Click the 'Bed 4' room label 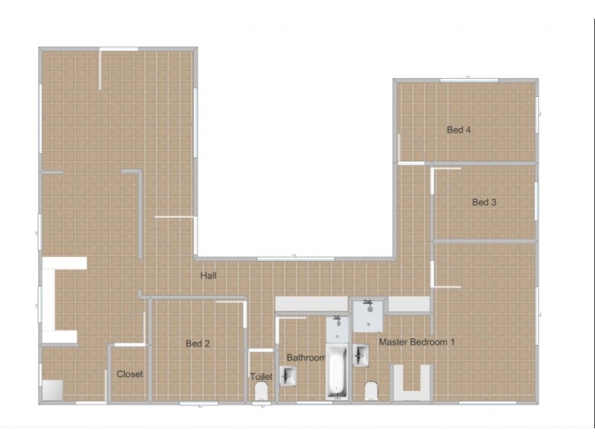pyautogui.click(x=459, y=130)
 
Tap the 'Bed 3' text pyautogui.click(x=484, y=202)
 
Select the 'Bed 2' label pyautogui.click(x=198, y=343)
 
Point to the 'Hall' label pyautogui.click(x=208, y=276)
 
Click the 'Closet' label pyautogui.click(x=129, y=374)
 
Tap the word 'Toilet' pyautogui.click(x=261, y=376)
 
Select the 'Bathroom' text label pyautogui.click(x=306, y=358)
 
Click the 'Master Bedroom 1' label pyautogui.click(x=416, y=342)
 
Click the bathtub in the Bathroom pyautogui.click(x=338, y=371)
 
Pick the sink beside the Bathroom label pyautogui.click(x=288, y=376)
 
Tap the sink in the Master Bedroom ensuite pyautogui.click(x=361, y=355)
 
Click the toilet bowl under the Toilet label pyautogui.click(x=262, y=391)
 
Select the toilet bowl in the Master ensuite pyautogui.click(x=371, y=391)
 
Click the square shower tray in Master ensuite pyautogui.click(x=367, y=315)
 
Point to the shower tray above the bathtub pyautogui.click(x=337, y=329)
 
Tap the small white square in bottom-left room pyautogui.click(x=52, y=390)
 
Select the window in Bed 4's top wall pyautogui.click(x=469, y=80)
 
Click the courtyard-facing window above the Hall pyautogui.click(x=295, y=259)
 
